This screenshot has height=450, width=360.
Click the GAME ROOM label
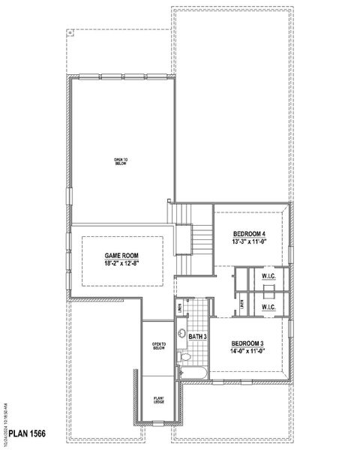[121, 256]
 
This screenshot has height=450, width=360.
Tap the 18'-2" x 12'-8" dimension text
[121, 263]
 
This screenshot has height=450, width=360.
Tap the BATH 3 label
[197, 337]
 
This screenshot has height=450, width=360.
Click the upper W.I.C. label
[268, 276]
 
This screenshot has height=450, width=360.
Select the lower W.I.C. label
[268, 307]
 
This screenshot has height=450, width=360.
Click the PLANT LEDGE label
[159, 400]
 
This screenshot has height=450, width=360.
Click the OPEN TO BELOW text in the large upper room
[121, 161]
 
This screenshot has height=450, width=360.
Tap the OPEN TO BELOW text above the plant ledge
[158, 346]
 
